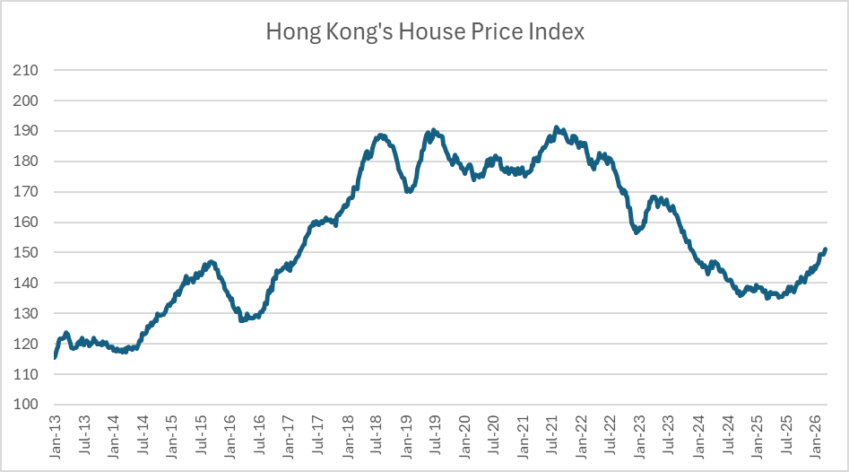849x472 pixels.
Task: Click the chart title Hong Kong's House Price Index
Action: pyautogui.click(x=425, y=32)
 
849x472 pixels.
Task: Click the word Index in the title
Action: pyautogui.click(x=556, y=32)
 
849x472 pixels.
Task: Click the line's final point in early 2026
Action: pyautogui.click(x=825, y=249)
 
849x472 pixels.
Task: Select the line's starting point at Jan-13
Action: pyautogui.click(x=56, y=357)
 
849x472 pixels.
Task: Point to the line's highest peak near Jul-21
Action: pyautogui.click(x=557, y=127)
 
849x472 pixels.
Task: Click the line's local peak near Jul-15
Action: pyautogui.click(x=211, y=262)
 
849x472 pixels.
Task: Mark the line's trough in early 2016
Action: pyautogui.click(x=242, y=319)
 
